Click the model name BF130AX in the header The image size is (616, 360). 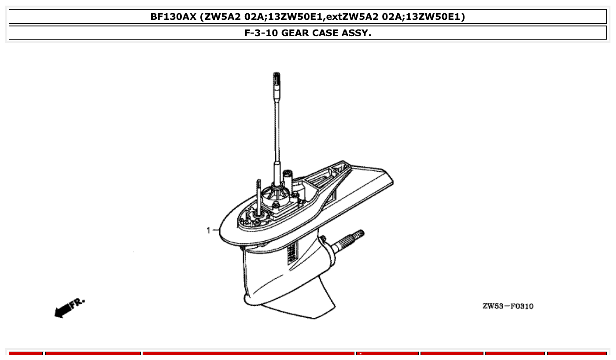point(173,17)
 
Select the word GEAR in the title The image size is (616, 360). point(296,33)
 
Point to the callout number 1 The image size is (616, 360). point(209,230)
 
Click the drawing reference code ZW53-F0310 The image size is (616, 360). point(508,306)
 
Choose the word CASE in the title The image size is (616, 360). point(326,33)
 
